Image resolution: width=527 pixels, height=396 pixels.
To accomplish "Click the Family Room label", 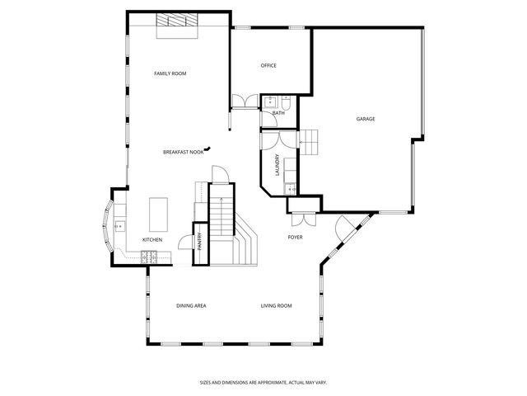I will pos(170,73).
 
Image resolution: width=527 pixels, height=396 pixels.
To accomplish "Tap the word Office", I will pos(268,65).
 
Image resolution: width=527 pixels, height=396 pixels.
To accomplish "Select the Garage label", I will pos(366,119).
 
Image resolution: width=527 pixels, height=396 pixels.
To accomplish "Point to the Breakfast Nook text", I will pos(183,152).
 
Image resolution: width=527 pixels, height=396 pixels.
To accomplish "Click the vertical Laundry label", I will pos(277,166).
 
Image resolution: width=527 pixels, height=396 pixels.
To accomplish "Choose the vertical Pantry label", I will pos(200,243).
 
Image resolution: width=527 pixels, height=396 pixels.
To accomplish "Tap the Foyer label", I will pos(295,238).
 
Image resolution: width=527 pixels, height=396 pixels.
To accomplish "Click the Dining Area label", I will pos(191,305).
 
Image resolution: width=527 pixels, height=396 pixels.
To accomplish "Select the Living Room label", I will pos(277,305).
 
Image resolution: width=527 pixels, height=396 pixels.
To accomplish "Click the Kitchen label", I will pos(152,240).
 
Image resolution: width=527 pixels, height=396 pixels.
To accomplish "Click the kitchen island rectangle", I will pos(158,214).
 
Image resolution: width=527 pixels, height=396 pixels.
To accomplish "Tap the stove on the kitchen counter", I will pos(150,258).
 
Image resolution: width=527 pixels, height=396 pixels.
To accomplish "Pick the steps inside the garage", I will pos(309,141).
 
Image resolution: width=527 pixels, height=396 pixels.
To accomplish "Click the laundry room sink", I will pos(289,190).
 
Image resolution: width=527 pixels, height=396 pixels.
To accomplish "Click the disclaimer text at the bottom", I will pos(275,382).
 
